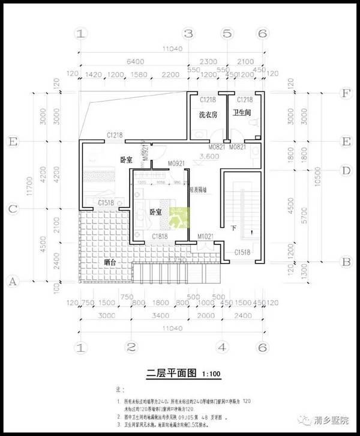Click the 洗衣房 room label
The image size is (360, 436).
pos(208,114)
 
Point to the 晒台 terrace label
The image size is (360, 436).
pos(110,262)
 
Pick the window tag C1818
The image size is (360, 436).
pos(159,237)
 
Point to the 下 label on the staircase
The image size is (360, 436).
pos(233,228)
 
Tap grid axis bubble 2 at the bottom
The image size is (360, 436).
pos(130,347)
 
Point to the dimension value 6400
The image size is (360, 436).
pos(134,62)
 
